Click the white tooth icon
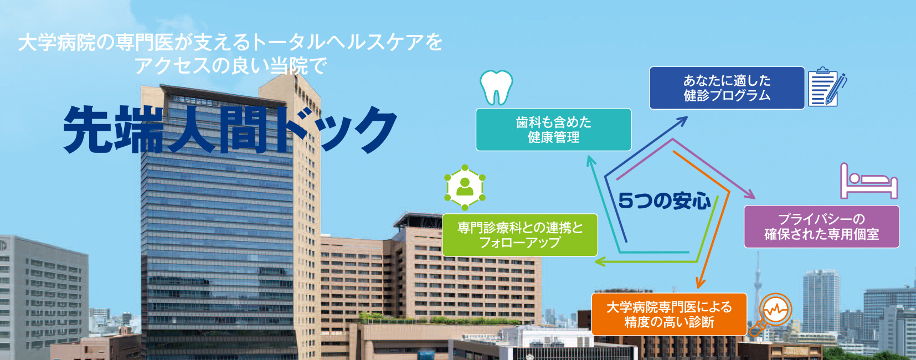496,88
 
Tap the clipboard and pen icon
827,87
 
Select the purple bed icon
869,181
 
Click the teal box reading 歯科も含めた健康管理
553,130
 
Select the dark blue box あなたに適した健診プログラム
727,88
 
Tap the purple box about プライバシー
821,227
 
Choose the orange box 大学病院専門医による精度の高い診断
669,314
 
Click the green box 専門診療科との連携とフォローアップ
519,235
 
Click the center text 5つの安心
665,201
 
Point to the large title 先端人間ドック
230,130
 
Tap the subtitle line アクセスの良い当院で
231,65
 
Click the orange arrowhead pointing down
701,282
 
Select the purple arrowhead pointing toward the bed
749,194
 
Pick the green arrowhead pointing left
600,261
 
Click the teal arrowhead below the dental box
590,161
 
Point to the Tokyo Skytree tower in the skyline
758,286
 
